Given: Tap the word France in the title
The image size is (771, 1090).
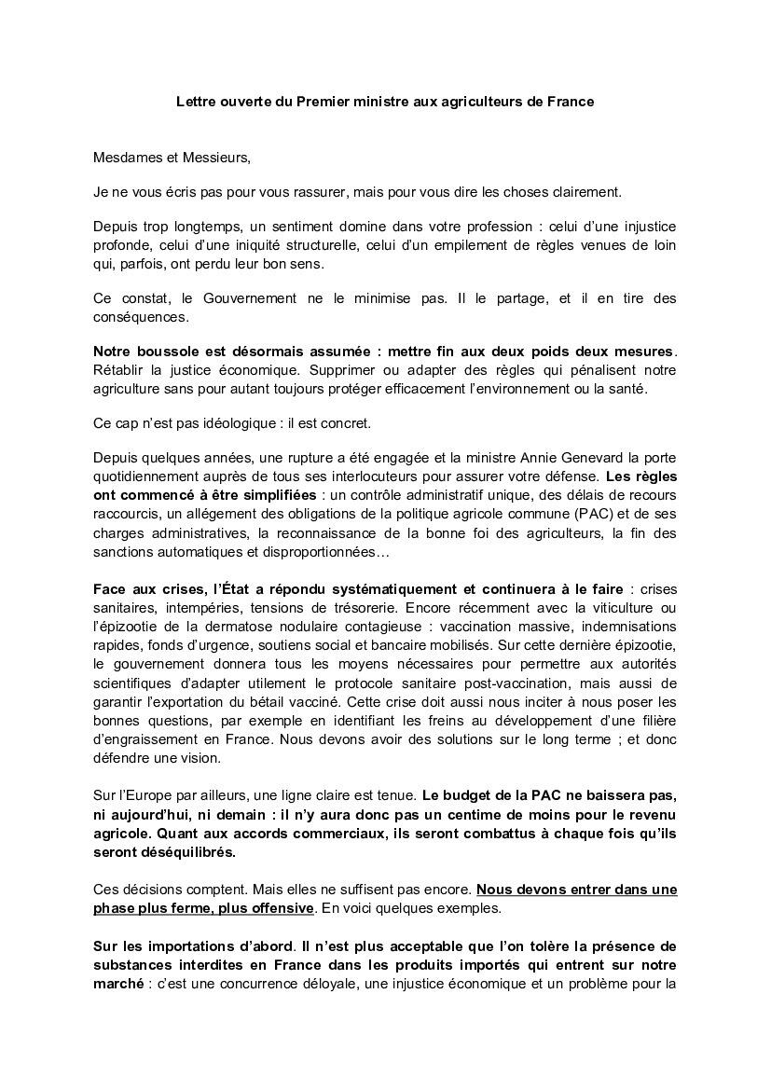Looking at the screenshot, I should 571,101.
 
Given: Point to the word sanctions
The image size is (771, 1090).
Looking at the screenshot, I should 125,552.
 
